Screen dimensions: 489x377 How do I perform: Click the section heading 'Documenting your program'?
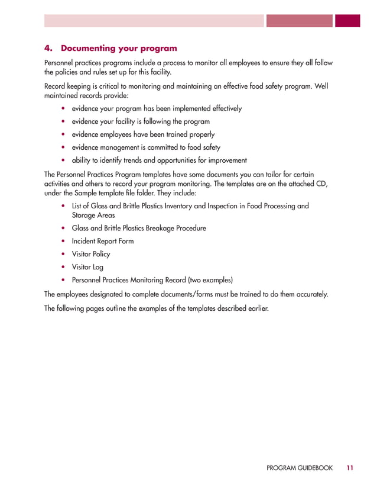coord(119,47)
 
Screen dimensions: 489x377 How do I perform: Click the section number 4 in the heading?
coord(48,47)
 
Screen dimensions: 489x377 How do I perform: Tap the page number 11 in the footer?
coord(350,468)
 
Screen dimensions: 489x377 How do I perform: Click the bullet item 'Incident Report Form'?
coord(103,241)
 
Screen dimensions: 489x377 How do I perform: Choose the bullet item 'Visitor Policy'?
coord(91,254)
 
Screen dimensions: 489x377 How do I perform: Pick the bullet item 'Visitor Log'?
coord(88,267)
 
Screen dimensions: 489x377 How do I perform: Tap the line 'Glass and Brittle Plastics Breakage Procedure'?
coord(139,228)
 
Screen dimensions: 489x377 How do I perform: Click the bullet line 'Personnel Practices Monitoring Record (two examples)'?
coord(152,279)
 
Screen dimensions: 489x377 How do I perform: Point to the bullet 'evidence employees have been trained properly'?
coord(143,134)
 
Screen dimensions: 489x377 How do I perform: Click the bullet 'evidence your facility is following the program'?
coord(141,121)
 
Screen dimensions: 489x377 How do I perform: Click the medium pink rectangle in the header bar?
coord(300,21)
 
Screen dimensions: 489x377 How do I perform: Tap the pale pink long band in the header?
coord(154,21)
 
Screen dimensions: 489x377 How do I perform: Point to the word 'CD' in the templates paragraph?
coord(321,184)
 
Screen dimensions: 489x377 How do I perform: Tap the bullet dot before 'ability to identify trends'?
coord(63,160)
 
